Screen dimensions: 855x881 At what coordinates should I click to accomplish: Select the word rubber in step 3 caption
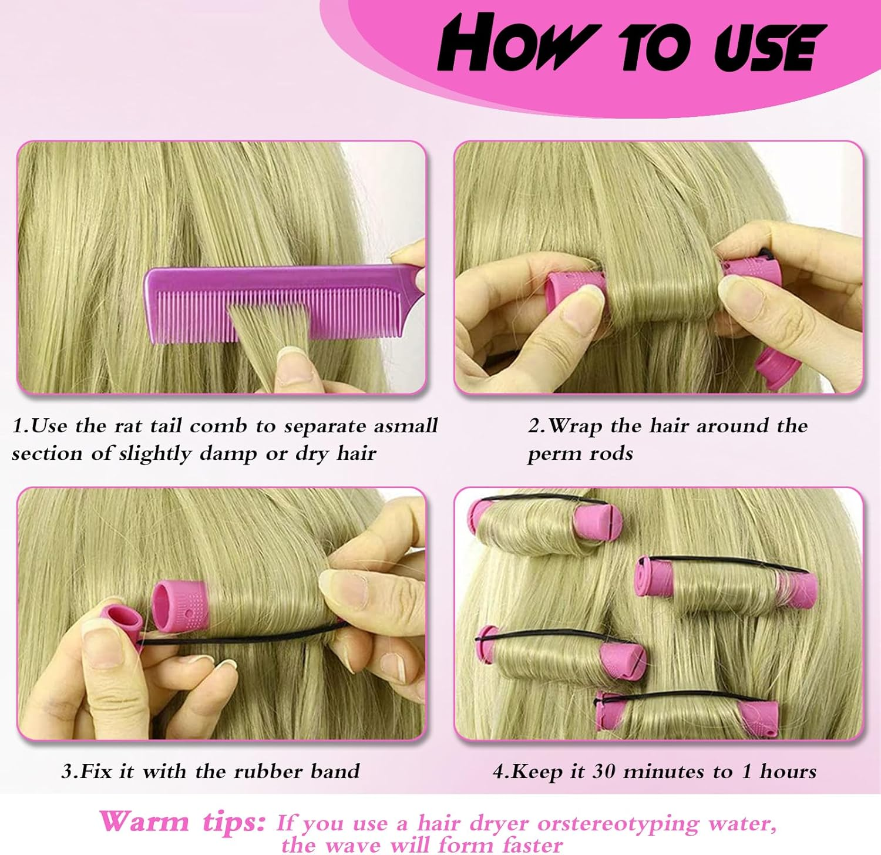coord(268,771)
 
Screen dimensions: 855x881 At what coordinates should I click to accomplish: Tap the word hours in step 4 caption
coord(788,771)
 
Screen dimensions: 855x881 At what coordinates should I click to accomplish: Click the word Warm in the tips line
coord(144,821)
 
